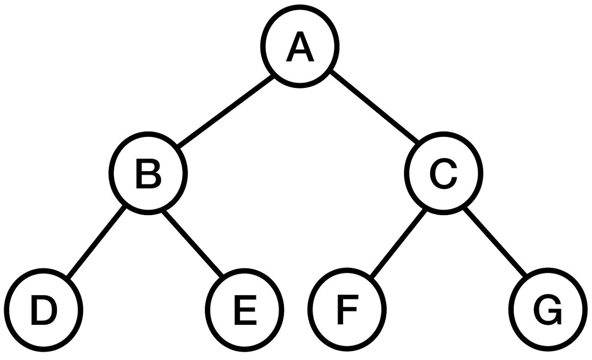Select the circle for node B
[x=149, y=172]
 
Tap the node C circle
[x=444, y=172]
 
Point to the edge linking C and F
[x=397, y=242]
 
